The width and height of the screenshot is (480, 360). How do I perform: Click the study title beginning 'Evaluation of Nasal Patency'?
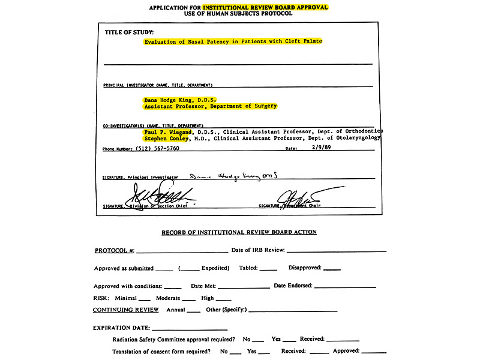[x=233, y=41]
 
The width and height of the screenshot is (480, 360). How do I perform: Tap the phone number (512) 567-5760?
[x=149, y=148]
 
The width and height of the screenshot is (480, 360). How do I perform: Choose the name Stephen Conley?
[x=166, y=138]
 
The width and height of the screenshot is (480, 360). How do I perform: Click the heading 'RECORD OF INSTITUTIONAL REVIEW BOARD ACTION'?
[x=239, y=232]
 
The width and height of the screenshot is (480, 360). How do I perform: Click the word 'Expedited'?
[x=214, y=268]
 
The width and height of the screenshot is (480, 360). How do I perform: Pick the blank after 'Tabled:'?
[x=269, y=268]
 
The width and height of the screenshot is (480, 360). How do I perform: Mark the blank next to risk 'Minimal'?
[x=144, y=298]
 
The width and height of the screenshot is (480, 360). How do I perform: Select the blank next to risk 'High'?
[x=223, y=298]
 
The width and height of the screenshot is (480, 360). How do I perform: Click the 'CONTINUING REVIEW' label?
[x=126, y=310]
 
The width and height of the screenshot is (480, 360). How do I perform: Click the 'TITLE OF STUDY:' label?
[x=129, y=31]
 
